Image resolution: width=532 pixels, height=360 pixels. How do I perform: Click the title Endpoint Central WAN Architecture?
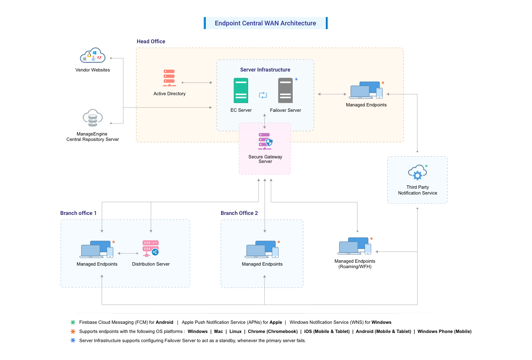[x=265, y=23]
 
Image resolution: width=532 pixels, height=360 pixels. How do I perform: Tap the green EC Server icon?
[x=241, y=90]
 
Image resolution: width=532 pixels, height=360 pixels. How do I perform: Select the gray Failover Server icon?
[x=286, y=90]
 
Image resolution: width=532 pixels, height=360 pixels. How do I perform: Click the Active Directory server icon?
[x=169, y=78]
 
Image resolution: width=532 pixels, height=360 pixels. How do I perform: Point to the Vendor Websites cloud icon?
[x=93, y=56]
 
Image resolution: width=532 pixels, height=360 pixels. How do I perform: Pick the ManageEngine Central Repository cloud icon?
[x=93, y=118]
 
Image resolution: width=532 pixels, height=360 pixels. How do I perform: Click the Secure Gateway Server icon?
[x=265, y=142]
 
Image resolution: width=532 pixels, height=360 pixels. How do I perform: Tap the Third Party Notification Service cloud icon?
[x=417, y=173]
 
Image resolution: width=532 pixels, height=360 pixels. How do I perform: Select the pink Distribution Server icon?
[x=150, y=248]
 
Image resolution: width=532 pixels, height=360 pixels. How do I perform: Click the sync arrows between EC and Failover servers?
[x=263, y=95]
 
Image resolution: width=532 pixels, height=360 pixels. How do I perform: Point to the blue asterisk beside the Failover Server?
[x=296, y=79]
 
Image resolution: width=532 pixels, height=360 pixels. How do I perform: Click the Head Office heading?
[x=151, y=42]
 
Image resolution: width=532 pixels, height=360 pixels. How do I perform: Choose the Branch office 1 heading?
[x=78, y=213]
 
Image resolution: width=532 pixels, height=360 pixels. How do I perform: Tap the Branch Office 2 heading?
[x=239, y=213]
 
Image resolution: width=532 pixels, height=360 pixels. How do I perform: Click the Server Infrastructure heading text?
[x=265, y=70]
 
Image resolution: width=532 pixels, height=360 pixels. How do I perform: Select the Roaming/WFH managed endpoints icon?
[x=354, y=246]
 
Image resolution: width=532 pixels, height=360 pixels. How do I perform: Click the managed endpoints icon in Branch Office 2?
[x=261, y=249]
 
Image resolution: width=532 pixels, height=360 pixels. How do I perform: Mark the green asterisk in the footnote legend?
[x=73, y=323]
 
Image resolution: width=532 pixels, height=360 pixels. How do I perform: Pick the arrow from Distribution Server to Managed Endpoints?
[x=128, y=253]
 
